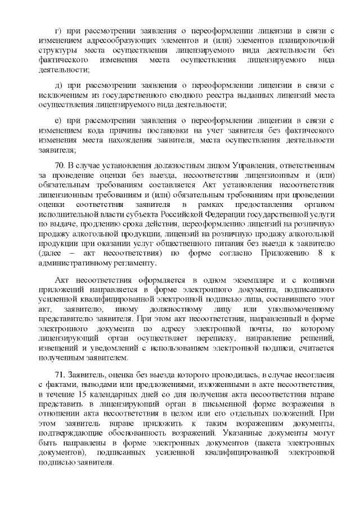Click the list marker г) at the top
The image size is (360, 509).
click(x=56, y=30)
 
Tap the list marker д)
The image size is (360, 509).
click(x=57, y=85)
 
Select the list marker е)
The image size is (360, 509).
click(x=57, y=120)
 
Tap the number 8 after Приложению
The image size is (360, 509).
click(x=317, y=253)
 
